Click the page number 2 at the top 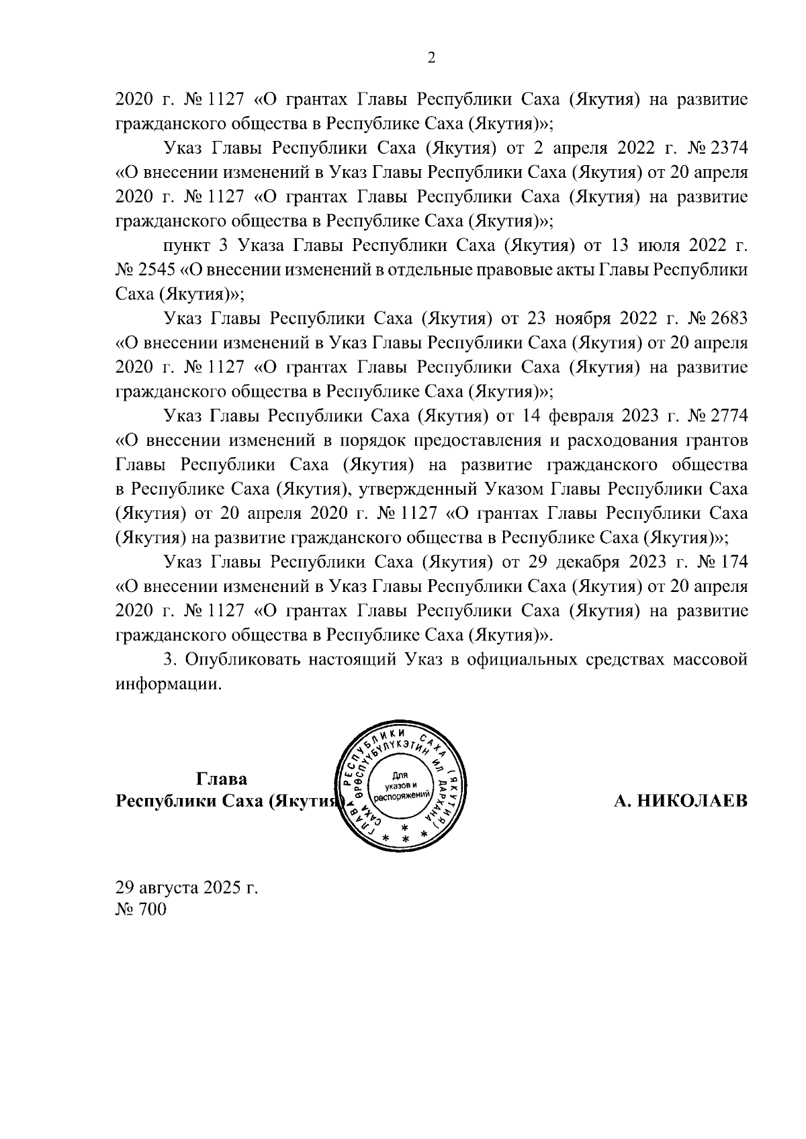point(431,58)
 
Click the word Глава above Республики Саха point(222,779)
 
